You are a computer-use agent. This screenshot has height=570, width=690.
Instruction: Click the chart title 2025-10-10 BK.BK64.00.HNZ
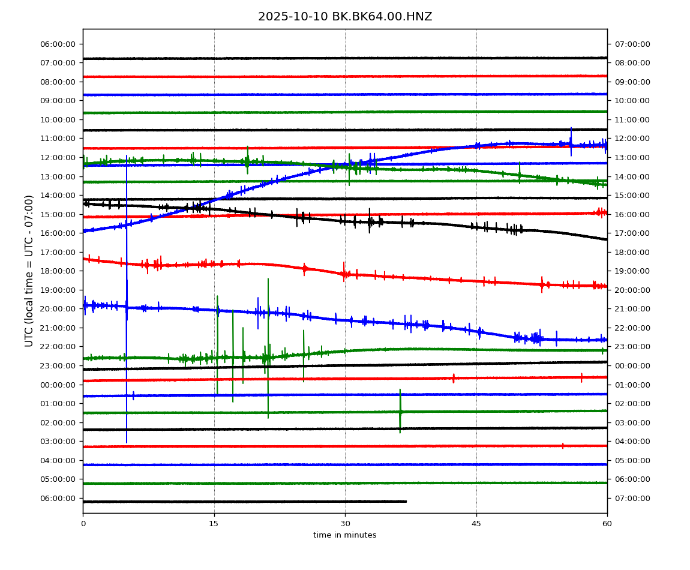pyautogui.click(x=345, y=17)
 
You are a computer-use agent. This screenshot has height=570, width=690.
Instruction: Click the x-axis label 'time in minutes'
pyautogui.click(x=345, y=535)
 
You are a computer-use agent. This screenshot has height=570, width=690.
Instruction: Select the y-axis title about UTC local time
pyautogui.click(x=29, y=271)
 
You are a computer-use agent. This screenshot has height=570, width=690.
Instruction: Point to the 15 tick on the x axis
pyautogui.click(x=214, y=524)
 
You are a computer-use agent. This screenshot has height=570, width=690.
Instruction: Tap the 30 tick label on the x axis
pyautogui.click(x=345, y=524)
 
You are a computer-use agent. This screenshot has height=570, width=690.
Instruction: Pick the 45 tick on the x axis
pyautogui.click(x=476, y=524)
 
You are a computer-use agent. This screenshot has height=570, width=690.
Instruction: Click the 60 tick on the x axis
pyautogui.click(x=607, y=524)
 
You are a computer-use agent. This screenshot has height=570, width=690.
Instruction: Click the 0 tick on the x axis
pyautogui.click(x=83, y=524)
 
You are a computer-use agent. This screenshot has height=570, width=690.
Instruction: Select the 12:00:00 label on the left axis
pyautogui.click(x=59, y=157)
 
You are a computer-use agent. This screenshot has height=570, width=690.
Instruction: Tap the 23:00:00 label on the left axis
pyautogui.click(x=59, y=365)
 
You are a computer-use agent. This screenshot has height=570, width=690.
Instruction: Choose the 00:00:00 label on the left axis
pyautogui.click(x=59, y=385)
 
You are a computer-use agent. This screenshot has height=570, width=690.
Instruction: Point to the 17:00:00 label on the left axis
pyautogui.click(x=59, y=252)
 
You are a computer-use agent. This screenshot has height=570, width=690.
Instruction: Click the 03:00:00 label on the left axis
pyautogui.click(x=59, y=441)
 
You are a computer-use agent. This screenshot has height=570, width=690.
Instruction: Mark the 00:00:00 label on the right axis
pyautogui.click(x=631, y=365)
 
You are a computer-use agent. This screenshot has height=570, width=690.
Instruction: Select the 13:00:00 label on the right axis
pyautogui.click(x=631, y=157)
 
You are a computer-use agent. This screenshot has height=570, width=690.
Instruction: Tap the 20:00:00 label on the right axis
pyautogui.click(x=631, y=290)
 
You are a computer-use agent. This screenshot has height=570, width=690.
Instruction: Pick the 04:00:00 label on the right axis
pyautogui.click(x=631, y=441)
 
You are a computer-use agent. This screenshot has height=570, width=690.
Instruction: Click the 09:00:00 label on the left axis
pyautogui.click(x=59, y=101)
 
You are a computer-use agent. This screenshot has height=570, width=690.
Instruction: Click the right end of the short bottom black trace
pyautogui.click(x=406, y=502)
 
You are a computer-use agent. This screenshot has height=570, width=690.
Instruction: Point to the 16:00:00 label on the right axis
pyautogui.click(x=631, y=214)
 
